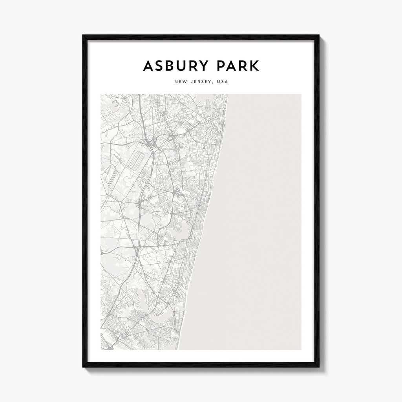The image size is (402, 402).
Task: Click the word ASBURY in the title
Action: [x=177, y=66]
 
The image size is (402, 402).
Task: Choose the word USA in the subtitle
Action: [x=223, y=82]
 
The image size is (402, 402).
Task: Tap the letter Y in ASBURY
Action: [x=205, y=66]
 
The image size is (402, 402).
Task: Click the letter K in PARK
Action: [x=254, y=66]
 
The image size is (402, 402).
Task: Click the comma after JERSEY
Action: [x=214, y=83]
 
